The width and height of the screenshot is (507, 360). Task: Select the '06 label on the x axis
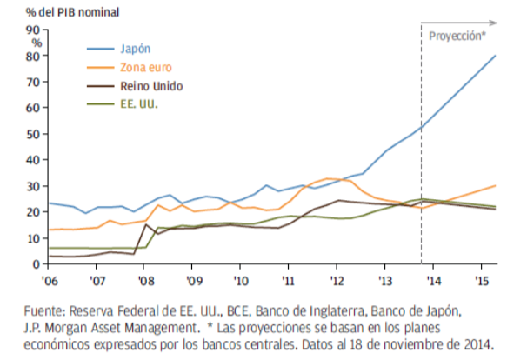[49, 281]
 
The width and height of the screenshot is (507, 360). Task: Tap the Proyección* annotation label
[457, 37]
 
